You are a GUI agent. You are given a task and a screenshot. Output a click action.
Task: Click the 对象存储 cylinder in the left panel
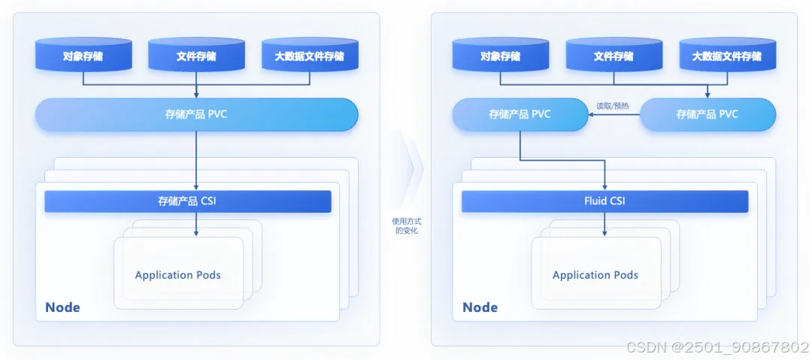[83, 56]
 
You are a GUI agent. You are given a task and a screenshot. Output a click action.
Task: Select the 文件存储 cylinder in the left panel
[196, 56]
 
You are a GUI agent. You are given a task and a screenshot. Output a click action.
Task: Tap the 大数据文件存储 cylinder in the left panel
[310, 56]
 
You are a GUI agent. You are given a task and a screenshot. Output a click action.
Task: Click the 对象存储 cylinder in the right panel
[500, 56]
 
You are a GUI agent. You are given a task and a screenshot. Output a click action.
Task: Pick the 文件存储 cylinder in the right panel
[614, 56]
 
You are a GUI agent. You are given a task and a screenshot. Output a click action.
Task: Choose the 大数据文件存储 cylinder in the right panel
[726, 56]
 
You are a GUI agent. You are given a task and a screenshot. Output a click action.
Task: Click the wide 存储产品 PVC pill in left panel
[196, 114]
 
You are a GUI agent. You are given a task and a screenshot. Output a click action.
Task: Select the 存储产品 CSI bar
[188, 201]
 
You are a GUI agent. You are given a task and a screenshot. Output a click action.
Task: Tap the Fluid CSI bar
[604, 201]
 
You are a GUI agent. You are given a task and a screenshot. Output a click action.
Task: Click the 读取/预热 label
[612, 106]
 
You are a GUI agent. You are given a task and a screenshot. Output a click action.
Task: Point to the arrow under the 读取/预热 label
[614, 115]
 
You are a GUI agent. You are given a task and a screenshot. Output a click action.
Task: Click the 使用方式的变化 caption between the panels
[406, 225]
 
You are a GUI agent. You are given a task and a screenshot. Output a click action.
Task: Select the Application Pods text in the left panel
[178, 275]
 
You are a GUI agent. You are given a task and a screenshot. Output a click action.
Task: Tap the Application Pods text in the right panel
[595, 275]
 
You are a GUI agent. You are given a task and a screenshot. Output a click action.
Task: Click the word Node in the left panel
[62, 307]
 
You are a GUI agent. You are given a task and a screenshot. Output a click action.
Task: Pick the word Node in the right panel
[480, 307]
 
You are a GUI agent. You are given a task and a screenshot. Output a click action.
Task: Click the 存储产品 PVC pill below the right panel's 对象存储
[520, 114]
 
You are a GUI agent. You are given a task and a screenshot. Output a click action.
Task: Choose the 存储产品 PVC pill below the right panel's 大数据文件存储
[707, 114]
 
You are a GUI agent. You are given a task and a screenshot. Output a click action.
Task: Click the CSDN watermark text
[717, 347]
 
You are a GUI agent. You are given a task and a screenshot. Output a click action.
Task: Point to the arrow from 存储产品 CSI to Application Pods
[196, 224]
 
